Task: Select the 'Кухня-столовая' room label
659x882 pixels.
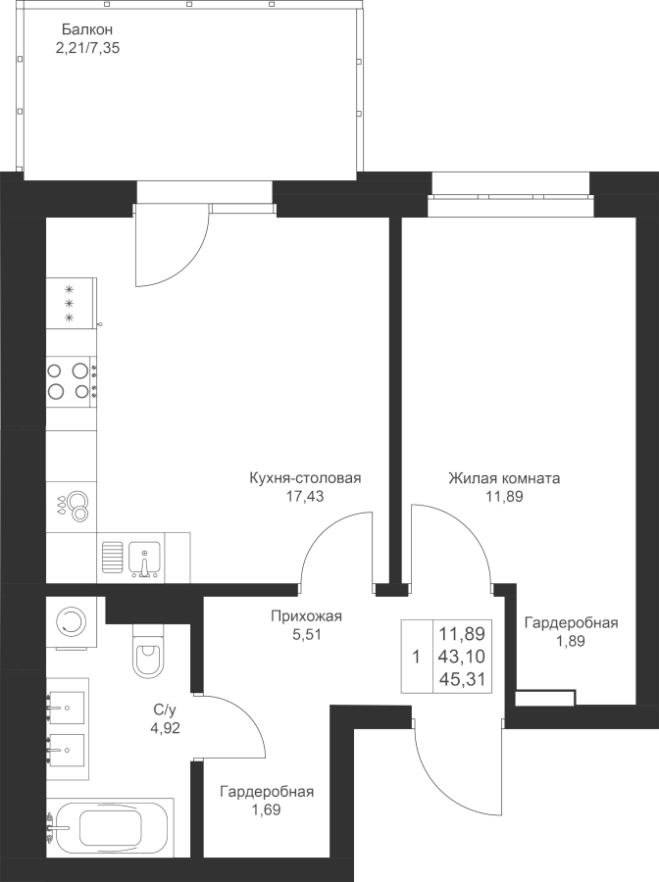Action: (x=306, y=479)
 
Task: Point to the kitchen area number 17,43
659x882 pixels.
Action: (x=304, y=496)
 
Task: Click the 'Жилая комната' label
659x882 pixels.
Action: (x=503, y=479)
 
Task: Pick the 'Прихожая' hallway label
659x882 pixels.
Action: (x=306, y=616)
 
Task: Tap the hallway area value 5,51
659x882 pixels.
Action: (x=305, y=633)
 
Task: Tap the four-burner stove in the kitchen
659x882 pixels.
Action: (x=72, y=379)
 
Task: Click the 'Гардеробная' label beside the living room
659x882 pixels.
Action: (x=571, y=623)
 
